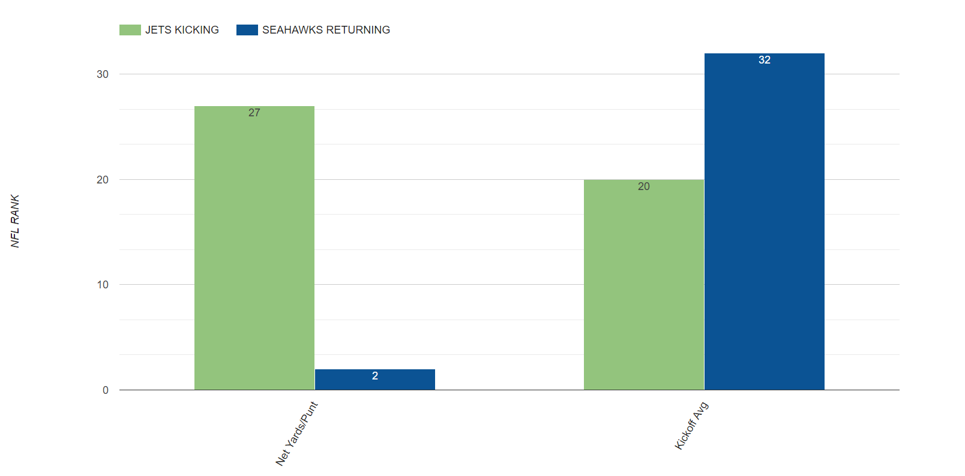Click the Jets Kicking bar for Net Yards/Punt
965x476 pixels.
pos(254,252)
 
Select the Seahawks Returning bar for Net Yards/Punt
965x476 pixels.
pos(374,381)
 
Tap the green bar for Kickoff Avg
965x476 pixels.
pos(643,288)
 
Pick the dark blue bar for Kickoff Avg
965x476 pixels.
pos(764,228)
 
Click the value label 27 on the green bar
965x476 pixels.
pos(254,113)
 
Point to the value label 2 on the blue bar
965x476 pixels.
pos(375,376)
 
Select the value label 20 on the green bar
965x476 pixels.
pos(643,186)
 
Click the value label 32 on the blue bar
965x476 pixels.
pos(764,60)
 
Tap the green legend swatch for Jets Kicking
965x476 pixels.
pos(130,30)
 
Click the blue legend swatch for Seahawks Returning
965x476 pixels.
pos(247,30)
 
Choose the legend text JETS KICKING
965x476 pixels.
pos(182,30)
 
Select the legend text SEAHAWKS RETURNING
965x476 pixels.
pos(326,30)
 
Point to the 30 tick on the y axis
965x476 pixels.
pos(103,74)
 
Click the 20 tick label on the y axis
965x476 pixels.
pos(103,180)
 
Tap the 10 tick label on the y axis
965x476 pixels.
pos(103,285)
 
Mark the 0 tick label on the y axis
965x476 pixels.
pos(106,390)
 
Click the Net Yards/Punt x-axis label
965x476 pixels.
pos(296,433)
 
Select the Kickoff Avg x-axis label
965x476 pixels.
pos(691,426)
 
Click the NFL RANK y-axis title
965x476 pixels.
pos(15,221)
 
